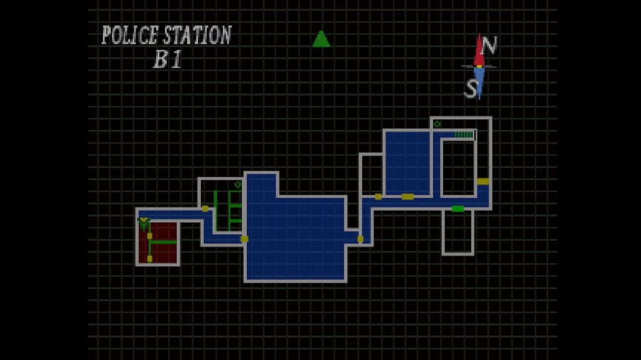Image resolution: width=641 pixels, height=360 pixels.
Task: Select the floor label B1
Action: tap(167, 60)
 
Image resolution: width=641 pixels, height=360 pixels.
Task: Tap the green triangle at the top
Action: tap(321, 39)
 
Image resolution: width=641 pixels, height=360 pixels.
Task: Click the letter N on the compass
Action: tap(490, 46)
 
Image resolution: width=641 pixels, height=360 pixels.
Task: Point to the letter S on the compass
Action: tap(470, 89)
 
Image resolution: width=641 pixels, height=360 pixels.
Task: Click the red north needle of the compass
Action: tap(479, 51)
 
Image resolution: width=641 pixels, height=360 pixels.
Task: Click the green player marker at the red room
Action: tap(144, 222)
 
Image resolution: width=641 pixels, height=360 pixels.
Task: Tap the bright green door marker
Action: tap(458, 209)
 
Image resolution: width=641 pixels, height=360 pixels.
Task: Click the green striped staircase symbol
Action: tap(463, 134)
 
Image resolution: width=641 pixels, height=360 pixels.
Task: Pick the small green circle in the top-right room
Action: tap(437, 124)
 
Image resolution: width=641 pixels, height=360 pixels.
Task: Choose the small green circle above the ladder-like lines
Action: tap(237, 185)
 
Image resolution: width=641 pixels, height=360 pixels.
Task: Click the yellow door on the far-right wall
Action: tap(483, 181)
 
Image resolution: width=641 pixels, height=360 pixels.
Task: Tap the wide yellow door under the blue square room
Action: tap(408, 197)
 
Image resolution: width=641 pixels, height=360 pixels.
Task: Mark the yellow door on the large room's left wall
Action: tap(244, 239)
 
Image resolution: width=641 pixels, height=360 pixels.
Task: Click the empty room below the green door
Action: tap(458, 232)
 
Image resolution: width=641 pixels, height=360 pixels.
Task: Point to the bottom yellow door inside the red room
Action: tap(150, 257)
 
